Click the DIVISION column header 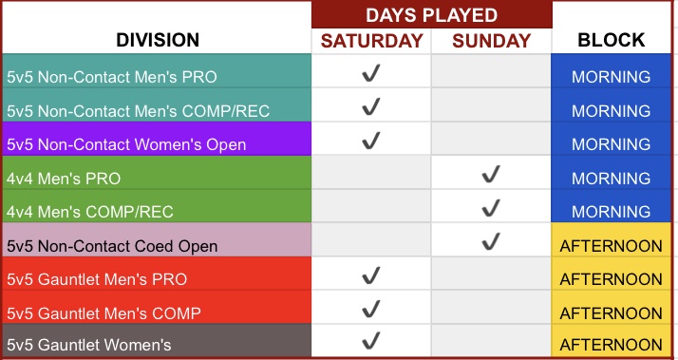click(x=158, y=40)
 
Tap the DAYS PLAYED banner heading click(x=431, y=15)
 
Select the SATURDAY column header click(x=371, y=41)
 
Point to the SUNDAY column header click(x=492, y=41)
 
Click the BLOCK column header click(x=611, y=40)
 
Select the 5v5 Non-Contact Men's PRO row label click(x=112, y=77)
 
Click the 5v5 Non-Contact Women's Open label click(x=126, y=144)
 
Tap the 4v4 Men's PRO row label click(x=64, y=179)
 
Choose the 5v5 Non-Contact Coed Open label click(x=112, y=246)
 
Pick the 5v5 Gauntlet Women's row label click(x=89, y=345)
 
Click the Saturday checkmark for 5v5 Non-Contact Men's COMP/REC click(x=371, y=106)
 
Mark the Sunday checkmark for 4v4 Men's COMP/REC click(x=491, y=208)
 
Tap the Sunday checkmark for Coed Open click(x=491, y=241)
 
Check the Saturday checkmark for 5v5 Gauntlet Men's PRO click(x=371, y=275)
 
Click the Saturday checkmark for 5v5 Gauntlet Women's click(x=371, y=340)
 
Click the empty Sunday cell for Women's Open click(x=491, y=139)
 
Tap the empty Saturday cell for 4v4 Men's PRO click(x=371, y=172)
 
